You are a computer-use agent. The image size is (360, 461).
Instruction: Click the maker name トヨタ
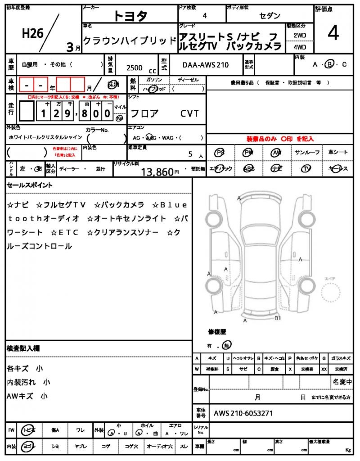[130, 16]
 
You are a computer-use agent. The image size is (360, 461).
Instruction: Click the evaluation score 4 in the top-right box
[333, 33]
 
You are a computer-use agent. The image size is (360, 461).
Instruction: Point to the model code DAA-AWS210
[206, 65]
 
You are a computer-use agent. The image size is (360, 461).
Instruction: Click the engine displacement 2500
[135, 68]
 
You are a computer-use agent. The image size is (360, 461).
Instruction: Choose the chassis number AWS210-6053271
[243, 413]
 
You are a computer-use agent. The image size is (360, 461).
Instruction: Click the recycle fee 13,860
[157, 172]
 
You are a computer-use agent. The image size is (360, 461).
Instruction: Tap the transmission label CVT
[189, 113]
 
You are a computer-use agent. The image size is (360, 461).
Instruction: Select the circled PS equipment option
[220, 153]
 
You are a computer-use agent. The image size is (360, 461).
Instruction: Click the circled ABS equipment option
[248, 169]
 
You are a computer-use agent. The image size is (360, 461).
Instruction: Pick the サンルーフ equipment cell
[307, 153]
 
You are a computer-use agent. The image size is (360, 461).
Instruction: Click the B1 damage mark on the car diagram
[278, 318]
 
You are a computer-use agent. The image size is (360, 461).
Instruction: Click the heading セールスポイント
[30, 185]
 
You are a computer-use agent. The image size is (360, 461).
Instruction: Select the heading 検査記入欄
[23, 348]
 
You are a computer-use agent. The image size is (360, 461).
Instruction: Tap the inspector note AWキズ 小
[27, 396]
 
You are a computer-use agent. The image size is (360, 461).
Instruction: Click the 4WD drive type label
[300, 47]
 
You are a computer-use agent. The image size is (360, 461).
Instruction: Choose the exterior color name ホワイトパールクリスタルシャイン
[45, 137]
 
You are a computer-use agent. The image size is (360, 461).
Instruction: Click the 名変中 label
[342, 382]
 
